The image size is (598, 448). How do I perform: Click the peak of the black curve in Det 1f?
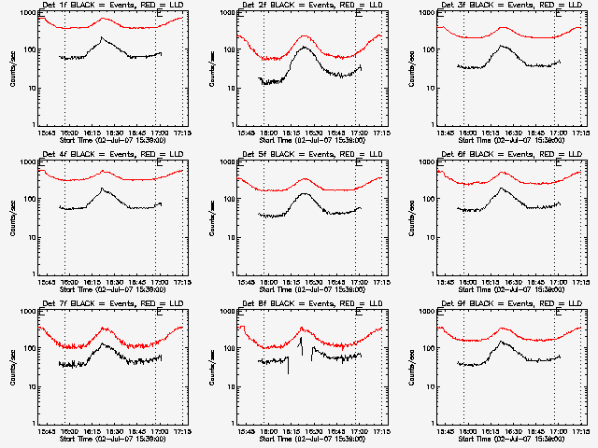[101, 38]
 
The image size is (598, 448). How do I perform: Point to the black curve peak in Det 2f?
[305, 47]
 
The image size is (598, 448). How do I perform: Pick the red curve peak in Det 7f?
[106, 329]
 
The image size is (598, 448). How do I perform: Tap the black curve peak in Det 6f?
[502, 189]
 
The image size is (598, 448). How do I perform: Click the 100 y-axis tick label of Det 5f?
[230, 200]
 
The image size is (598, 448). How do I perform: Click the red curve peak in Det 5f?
[305, 178]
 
